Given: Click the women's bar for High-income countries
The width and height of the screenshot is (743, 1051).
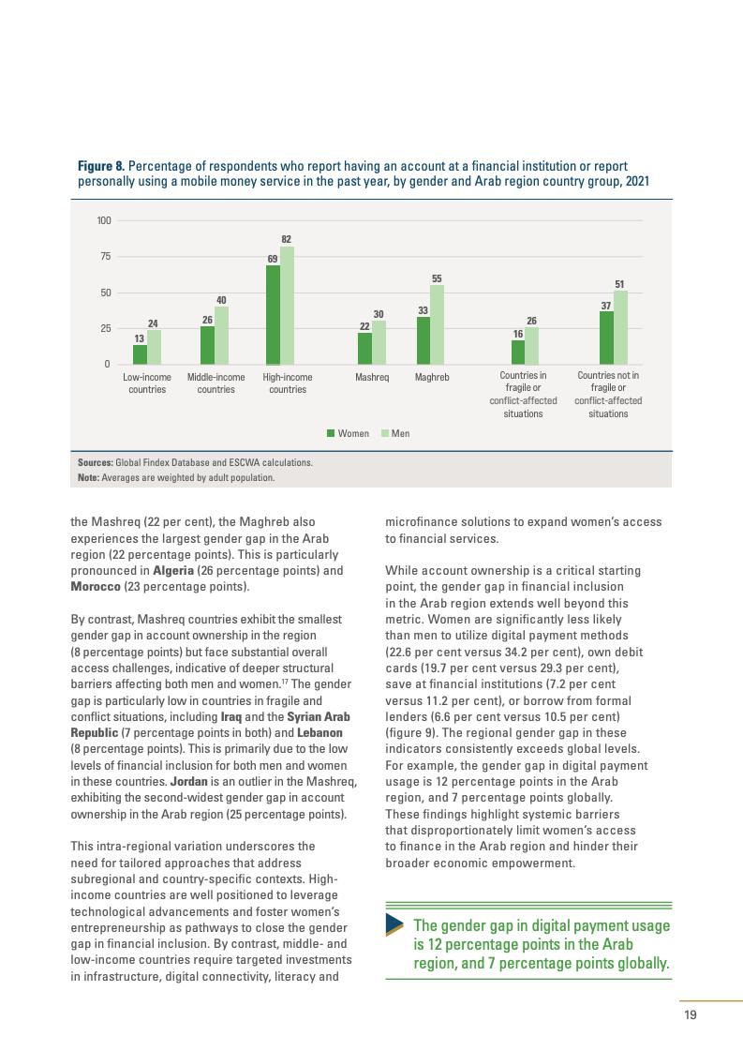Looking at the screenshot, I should (273, 315).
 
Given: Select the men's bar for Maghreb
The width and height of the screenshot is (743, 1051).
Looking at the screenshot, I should (437, 324).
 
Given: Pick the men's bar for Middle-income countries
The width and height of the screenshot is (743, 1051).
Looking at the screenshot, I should (221, 336).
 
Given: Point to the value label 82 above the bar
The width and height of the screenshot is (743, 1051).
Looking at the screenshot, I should (287, 239).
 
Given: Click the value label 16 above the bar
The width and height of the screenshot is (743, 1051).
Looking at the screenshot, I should (517, 333).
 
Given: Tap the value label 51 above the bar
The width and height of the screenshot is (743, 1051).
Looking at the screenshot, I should (620, 284).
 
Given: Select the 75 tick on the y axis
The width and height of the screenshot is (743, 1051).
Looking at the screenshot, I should (105, 257).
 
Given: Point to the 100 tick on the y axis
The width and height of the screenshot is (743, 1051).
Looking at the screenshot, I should (103, 221).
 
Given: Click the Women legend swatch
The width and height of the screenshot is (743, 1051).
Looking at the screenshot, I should (331, 433).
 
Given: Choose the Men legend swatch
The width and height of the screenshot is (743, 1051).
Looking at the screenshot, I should (384, 433).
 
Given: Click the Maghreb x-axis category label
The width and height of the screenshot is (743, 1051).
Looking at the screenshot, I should (432, 378).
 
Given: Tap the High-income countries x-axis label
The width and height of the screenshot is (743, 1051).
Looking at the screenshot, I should (287, 383).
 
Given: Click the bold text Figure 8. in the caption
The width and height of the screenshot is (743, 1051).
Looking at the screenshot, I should (100, 166).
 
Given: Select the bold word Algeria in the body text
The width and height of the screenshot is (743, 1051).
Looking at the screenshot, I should (146, 571).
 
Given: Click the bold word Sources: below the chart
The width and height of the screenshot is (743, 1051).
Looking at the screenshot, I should (96, 462).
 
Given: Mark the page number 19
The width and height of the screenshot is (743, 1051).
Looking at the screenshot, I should (690, 1013).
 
